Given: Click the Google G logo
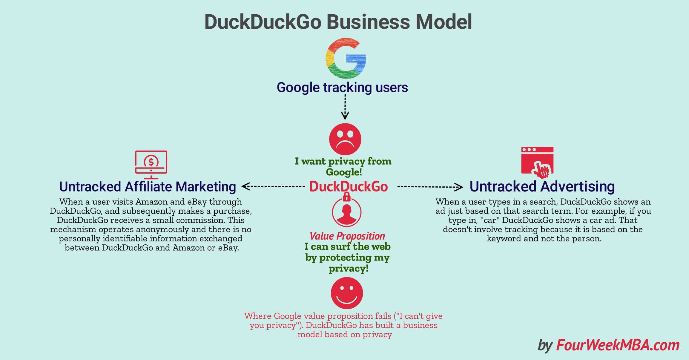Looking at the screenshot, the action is coord(345,58).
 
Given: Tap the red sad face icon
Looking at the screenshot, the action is coord(345,139).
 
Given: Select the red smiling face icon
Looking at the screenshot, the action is coord(347,293).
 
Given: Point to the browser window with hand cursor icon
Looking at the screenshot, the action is coord(537,161).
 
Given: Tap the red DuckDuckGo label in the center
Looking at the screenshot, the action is coord(348,186).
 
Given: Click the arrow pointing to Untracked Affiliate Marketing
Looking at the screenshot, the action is coord(273,187).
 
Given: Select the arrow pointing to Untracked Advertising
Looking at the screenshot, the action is coord(430,187).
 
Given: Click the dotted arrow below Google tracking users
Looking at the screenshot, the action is coord(345,107).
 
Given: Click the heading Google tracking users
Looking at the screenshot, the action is coord(342,88).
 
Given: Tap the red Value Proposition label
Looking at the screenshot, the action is coord(347,236).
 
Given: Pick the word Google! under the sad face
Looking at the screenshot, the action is coord(344,172).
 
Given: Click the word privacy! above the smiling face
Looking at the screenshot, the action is coord(349,268).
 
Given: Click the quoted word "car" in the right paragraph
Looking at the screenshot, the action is coord(490,220).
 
